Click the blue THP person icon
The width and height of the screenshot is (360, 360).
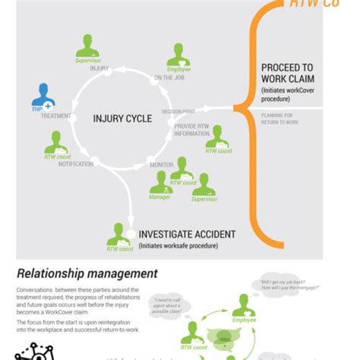pyautogui.click(x=43, y=96)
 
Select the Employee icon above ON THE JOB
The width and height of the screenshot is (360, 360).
pyautogui.click(x=178, y=55)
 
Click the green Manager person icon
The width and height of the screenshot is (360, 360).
pyautogui.click(x=160, y=183)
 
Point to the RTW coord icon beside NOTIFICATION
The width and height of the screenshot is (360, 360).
pyautogui.click(x=55, y=144)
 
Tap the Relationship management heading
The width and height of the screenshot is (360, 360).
pyautogui.click(x=87, y=273)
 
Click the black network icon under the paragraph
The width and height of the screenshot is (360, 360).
pyautogui.click(x=34, y=352)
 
